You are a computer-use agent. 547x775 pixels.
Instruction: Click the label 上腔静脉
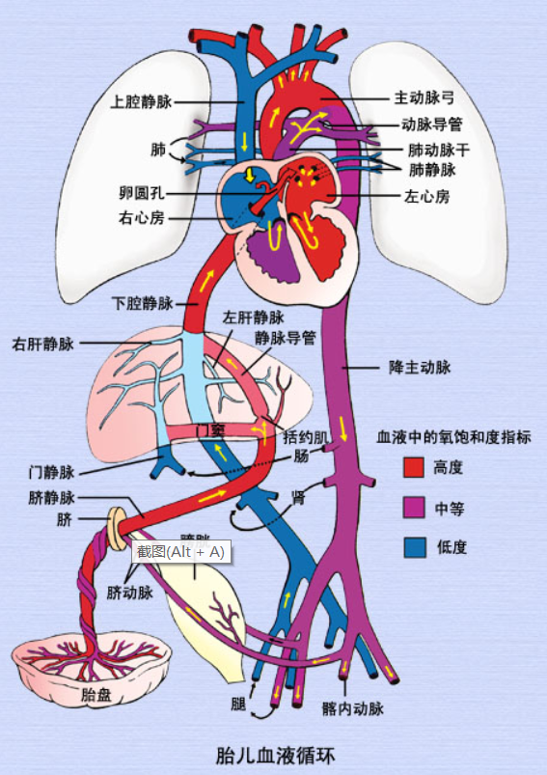[x=143, y=99]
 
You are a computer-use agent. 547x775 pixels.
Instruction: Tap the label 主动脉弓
[x=424, y=99]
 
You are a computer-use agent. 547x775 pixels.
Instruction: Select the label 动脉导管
[x=432, y=125]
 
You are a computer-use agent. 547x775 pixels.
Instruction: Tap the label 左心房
[x=425, y=196]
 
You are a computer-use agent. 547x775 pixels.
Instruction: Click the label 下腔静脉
[x=142, y=304]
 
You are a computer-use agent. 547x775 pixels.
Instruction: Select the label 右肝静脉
[x=42, y=343]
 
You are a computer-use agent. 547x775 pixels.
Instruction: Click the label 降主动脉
[x=420, y=368]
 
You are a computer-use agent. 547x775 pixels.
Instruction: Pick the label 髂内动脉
[x=353, y=709]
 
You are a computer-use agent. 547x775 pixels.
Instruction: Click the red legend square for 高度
[x=414, y=468]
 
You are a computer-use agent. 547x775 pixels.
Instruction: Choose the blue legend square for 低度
[x=414, y=547]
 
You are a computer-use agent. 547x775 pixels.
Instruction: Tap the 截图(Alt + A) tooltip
[x=180, y=552]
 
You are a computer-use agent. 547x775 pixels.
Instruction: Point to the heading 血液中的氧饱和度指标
[x=452, y=437]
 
